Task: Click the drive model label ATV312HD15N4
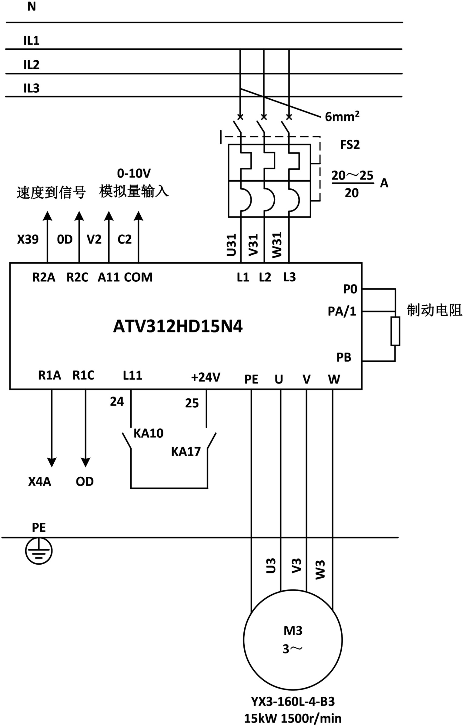178,327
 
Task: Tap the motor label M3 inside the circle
293,630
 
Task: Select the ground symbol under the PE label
39,551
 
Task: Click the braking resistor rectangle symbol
395,331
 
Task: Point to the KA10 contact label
148,433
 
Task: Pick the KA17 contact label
186,452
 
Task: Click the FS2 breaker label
350,145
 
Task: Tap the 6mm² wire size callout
342,116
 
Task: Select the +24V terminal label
206,377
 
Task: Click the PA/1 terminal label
342,311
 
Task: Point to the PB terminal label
344,357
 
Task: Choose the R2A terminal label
44,277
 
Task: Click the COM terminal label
138,277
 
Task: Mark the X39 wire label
28,239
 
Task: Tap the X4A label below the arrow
39,482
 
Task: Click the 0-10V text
134,173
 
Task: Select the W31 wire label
277,245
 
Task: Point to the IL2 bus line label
32,65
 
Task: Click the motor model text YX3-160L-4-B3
293,701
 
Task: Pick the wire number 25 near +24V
192,403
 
